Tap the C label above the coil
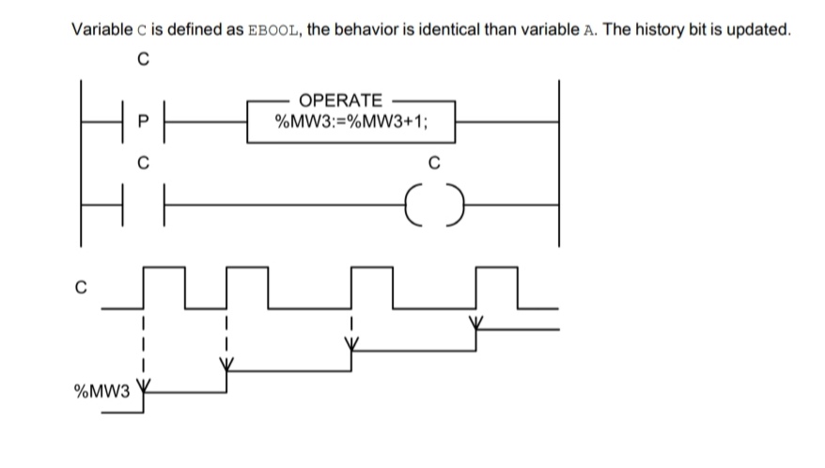click(x=432, y=162)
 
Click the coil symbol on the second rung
click(x=432, y=200)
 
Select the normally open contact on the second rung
click(x=143, y=200)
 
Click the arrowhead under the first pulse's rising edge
click(x=143, y=384)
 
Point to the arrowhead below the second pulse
click(x=226, y=364)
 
